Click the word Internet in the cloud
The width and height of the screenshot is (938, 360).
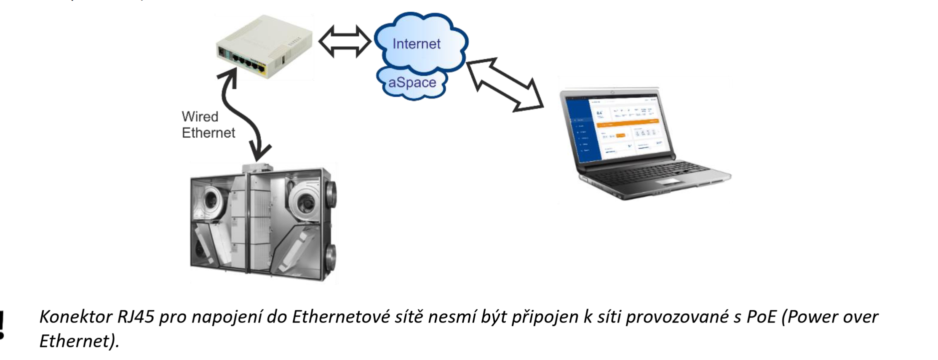coord(416,44)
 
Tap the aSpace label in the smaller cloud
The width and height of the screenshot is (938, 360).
coord(412,83)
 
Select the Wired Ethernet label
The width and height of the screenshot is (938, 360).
coord(208,125)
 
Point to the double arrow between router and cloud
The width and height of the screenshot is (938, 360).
coord(345,41)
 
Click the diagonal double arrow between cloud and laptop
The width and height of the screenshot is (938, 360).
coord(505,85)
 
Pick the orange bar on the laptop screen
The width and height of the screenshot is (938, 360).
coord(628,123)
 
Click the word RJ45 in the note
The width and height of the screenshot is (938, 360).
coord(136,317)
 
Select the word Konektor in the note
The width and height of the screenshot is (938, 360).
coord(76,317)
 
